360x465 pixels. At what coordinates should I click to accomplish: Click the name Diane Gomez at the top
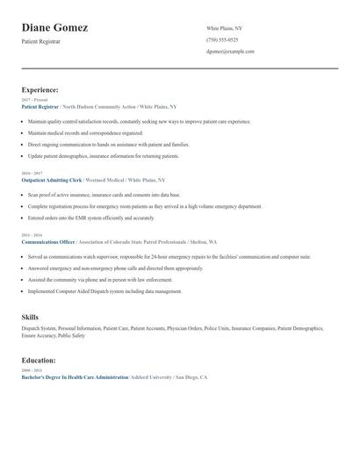(54, 28)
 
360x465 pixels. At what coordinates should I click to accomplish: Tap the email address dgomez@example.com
(230, 52)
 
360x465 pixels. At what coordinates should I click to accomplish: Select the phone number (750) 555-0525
(221, 40)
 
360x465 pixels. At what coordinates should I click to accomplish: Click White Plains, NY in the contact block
(224, 29)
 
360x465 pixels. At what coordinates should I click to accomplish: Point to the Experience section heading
(40, 89)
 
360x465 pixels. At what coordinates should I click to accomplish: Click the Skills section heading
(30, 316)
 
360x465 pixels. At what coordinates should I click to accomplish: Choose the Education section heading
(39, 360)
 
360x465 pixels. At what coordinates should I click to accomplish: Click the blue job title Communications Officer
(48, 241)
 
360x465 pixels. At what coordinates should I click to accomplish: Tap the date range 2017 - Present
(32, 100)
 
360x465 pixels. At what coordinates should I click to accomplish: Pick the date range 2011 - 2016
(31, 235)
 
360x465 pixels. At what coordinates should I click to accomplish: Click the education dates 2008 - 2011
(31, 370)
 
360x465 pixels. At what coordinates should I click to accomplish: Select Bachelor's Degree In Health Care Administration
(75, 376)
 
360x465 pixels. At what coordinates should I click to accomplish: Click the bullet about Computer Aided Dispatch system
(105, 291)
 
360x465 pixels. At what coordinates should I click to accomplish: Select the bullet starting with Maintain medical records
(85, 132)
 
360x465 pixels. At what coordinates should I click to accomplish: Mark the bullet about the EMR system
(90, 218)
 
